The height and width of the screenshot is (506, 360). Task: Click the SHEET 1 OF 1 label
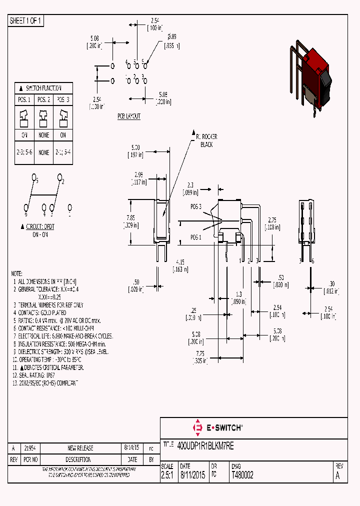(26, 21)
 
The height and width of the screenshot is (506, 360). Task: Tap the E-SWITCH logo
(217, 427)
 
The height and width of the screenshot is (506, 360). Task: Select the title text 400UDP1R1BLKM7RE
(205, 445)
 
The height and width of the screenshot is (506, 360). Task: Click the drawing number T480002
(242, 475)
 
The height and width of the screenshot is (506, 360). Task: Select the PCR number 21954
(30, 448)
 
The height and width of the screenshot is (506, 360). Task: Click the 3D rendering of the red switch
(311, 75)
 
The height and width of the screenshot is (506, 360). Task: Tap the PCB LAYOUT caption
(129, 116)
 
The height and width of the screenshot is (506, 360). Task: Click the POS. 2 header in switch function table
(44, 99)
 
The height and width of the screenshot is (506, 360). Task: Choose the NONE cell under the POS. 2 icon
(44, 135)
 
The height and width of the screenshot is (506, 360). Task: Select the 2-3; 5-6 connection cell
(24, 152)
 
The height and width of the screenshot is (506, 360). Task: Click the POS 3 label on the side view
(196, 206)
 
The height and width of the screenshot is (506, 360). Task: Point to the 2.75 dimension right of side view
(272, 223)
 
